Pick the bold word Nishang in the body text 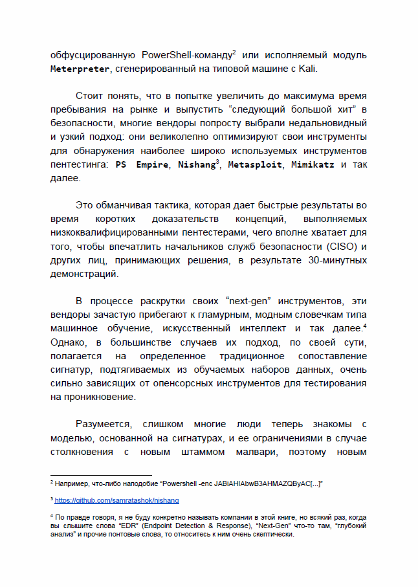[192, 164]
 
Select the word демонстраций [84, 274]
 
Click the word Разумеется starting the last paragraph [104, 424]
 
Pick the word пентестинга [80, 164]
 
